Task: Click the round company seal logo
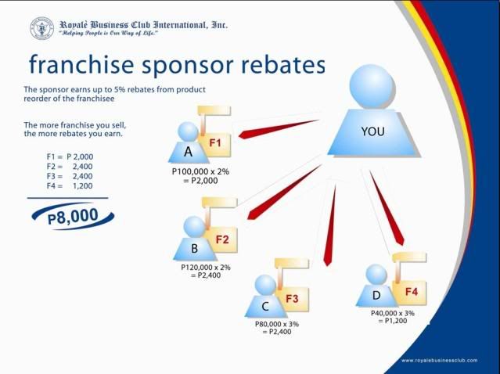coord(41,28)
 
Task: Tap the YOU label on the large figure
coord(372,131)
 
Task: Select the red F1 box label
coord(215,143)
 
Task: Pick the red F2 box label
coord(222,239)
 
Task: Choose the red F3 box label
coord(292,299)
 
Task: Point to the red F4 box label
coord(412,291)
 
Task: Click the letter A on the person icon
coord(188,152)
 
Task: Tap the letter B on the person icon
coord(195,248)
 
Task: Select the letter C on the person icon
coord(265,307)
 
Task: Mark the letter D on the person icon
coord(376,295)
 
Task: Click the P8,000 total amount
coord(73,216)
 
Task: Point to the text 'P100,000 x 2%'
coord(200,171)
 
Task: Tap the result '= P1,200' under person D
coord(393,321)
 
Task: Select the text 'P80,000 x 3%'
coord(277,324)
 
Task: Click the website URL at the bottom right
coord(440,361)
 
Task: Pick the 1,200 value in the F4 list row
coord(83,186)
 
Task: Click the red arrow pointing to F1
coord(278,129)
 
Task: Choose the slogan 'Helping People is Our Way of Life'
coord(108,34)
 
